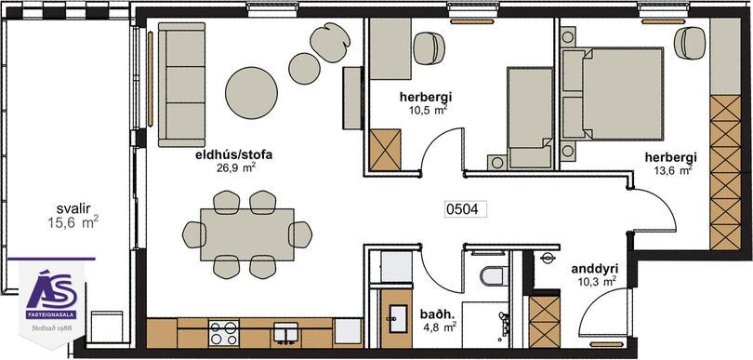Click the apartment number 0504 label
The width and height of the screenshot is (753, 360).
(x=466, y=209)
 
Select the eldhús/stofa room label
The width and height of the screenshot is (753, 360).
(x=234, y=155)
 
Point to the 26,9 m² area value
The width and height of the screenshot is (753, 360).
(x=234, y=167)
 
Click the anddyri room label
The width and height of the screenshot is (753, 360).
(x=594, y=269)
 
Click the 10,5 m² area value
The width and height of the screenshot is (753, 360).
(x=426, y=110)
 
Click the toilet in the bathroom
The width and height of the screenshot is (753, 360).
(x=494, y=275)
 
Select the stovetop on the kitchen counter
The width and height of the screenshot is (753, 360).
(x=224, y=333)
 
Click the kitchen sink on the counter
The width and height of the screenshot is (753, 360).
(x=285, y=333)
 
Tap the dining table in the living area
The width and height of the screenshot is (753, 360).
(x=247, y=234)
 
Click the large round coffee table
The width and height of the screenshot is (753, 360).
(x=251, y=93)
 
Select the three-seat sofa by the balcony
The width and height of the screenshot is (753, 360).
(x=181, y=85)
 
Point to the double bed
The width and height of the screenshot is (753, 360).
(x=613, y=94)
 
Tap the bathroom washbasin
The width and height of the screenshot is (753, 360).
(x=398, y=318)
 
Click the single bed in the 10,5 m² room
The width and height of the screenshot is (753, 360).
(x=530, y=118)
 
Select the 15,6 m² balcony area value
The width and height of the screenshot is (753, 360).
(x=73, y=222)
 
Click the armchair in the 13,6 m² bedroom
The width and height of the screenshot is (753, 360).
(x=690, y=42)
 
